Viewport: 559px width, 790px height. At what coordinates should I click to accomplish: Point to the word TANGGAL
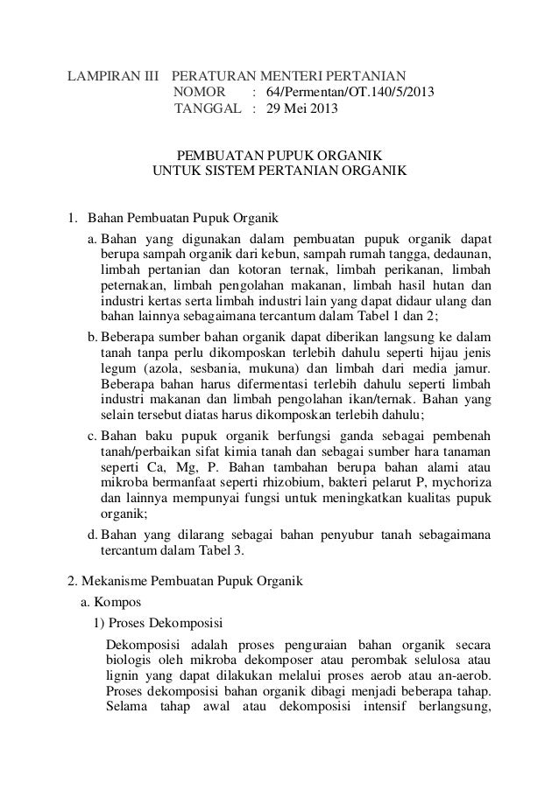pyautogui.click(x=209, y=110)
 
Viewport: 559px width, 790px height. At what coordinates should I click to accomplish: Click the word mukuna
pyautogui.click(x=265, y=368)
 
